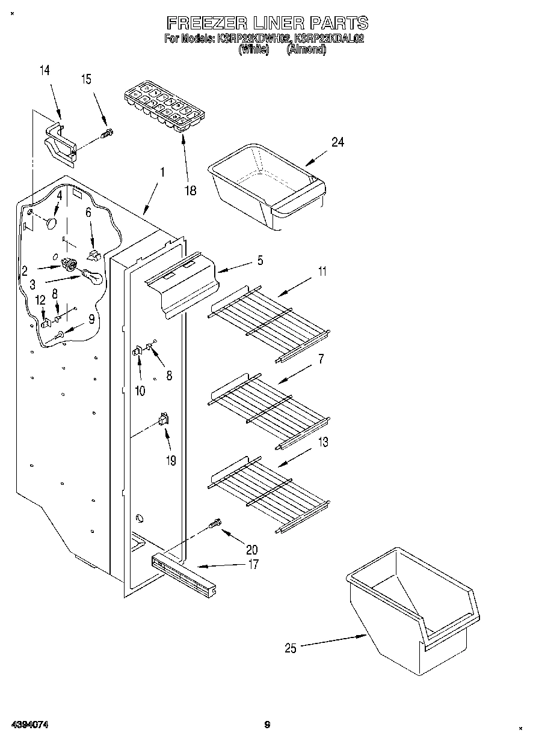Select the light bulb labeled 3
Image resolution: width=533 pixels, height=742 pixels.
(92, 277)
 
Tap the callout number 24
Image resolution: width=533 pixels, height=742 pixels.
(337, 142)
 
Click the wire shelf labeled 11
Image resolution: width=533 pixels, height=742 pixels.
(269, 324)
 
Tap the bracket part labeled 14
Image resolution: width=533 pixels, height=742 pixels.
(60, 141)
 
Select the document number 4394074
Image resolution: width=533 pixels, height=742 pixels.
(29, 725)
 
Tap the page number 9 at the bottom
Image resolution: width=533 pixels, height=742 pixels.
(267, 725)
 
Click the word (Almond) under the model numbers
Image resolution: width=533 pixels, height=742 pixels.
(306, 50)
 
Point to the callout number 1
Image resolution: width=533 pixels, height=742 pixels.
(162, 172)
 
